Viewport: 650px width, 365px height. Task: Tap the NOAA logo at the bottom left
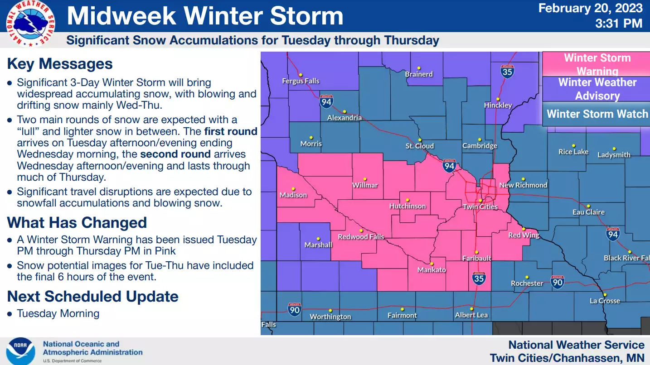click(x=20, y=351)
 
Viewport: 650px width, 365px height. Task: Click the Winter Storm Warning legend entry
click(x=597, y=64)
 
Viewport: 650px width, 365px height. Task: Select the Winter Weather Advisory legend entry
click(x=597, y=89)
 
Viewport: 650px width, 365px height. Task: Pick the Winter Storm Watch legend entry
click(x=597, y=114)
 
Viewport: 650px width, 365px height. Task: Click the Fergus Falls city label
click(x=301, y=81)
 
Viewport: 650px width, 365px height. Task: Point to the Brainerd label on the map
click(x=419, y=74)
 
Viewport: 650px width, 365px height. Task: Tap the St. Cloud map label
click(x=419, y=146)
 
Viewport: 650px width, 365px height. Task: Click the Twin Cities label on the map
click(x=480, y=207)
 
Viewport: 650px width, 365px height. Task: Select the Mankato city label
click(x=432, y=270)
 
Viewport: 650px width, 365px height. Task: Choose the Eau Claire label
click(x=588, y=212)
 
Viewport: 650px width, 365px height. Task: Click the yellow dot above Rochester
click(x=527, y=277)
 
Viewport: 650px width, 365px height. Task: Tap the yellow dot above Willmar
click(x=365, y=179)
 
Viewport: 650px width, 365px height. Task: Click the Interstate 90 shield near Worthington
click(x=295, y=310)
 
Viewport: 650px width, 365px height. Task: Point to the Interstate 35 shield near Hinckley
click(x=507, y=72)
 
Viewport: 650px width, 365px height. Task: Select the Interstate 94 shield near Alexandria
click(x=326, y=101)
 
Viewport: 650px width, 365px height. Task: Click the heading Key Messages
click(x=60, y=64)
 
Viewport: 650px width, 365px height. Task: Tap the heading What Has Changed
click(x=77, y=223)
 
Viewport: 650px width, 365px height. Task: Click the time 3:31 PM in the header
click(x=619, y=23)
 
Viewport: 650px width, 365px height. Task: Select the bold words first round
click(x=231, y=132)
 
